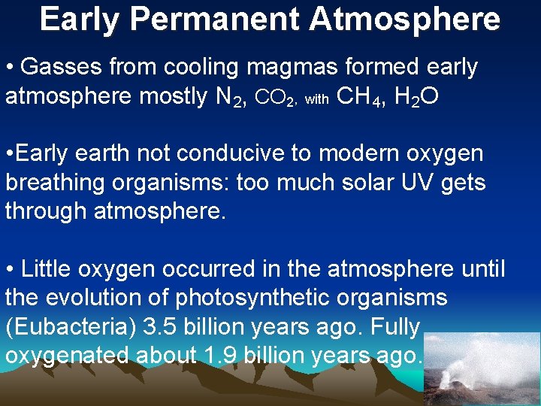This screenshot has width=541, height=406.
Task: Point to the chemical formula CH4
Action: pos(358,97)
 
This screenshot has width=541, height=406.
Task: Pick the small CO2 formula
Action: pos(280,98)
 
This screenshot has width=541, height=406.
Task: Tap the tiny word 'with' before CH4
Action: pos(316,99)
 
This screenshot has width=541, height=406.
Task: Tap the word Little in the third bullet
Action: pos(47,268)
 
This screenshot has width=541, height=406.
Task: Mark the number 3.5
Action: pos(165,326)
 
